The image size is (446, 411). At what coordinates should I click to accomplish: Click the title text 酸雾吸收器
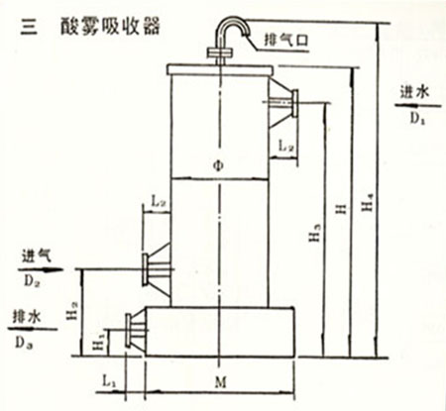pos(110,26)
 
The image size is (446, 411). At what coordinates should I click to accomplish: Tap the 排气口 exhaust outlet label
pos(286,41)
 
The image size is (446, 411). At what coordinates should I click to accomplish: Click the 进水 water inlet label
pos(415,92)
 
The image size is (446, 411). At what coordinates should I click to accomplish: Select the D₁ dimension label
pos(417,118)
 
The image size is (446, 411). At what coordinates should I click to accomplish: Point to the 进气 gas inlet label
pos(38,256)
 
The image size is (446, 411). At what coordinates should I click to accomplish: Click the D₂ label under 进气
pos(32,281)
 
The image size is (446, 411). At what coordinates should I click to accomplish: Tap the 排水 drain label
pos(27,317)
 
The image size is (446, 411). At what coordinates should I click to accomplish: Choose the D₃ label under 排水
pos(24,344)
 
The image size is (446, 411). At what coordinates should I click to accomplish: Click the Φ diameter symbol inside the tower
pos(218,165)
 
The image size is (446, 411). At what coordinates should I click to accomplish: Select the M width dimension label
pos(220,382)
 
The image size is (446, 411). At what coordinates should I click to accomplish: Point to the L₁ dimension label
pos(109,381)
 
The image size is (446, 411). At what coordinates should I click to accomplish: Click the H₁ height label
pos(102,342)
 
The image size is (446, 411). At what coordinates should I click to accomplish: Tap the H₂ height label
pos(73,311)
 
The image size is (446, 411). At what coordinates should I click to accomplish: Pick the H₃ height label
pos(315,233)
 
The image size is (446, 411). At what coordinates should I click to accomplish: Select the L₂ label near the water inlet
pos(285,146)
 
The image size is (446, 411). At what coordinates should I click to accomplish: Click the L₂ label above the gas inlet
pos(159,201)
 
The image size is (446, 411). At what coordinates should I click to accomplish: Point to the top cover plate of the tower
pos(220,69)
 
